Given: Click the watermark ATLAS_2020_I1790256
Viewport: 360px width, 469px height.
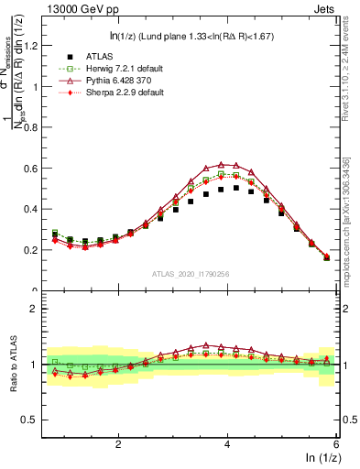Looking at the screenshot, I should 191,274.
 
